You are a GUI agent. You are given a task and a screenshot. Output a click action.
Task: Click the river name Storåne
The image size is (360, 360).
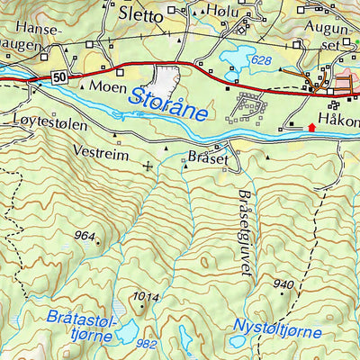click(x=167, y=105)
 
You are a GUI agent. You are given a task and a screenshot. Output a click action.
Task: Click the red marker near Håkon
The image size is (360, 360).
click(x=312, y=127)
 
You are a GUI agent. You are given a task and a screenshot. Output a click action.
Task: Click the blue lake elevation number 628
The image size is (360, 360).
click(x=261, y=59)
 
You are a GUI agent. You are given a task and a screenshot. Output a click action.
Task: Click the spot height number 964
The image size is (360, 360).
click(x=85, y=237)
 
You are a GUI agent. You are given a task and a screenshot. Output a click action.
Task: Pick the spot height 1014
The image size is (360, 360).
click(x=144, y=297)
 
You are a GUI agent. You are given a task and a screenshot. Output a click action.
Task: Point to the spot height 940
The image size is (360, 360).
click(x=283, y=285)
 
